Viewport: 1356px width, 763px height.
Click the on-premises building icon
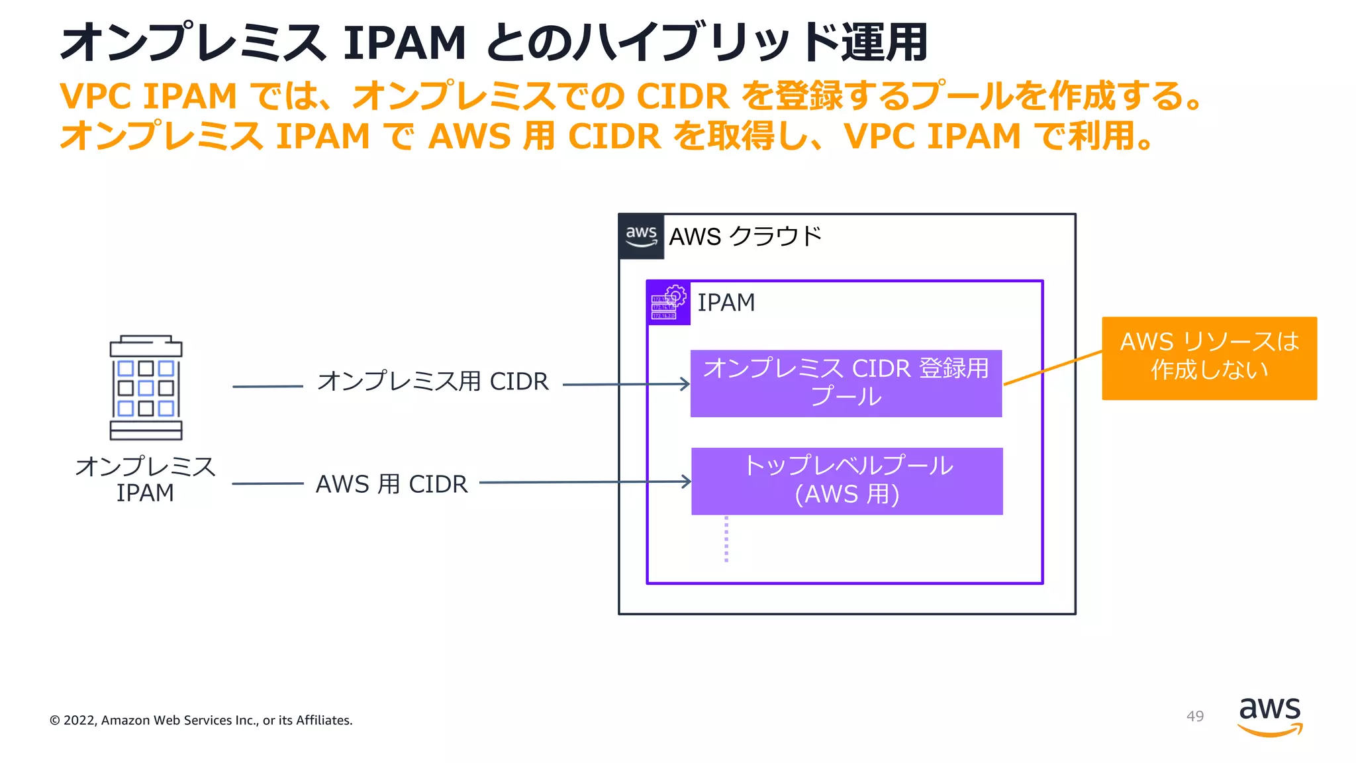(146, 388)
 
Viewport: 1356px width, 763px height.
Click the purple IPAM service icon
(669, 303)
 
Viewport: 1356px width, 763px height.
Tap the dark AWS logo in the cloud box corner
(641, 236)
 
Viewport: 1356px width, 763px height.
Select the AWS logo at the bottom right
(1269, 715)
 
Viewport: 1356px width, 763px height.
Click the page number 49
(1194, 716)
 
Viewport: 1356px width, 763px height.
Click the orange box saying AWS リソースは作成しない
(1209, 358)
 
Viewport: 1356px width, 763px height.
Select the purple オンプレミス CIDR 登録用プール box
(846, 383)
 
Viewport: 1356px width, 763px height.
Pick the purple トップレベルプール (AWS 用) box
(847, 481)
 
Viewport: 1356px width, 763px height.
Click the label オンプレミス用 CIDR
(433, 381)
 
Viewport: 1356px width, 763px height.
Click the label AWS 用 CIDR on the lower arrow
(391, 484)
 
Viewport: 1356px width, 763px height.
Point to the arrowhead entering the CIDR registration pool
(685, 384)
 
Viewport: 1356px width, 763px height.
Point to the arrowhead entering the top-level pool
(687, 482)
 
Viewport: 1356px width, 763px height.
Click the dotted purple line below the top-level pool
(726, 539)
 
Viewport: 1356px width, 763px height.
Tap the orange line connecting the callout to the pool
(1053, 368)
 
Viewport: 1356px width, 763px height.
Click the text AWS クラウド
(745, 236)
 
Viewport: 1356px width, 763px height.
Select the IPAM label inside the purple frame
(726, 303)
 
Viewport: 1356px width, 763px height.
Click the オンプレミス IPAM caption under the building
(145, 479)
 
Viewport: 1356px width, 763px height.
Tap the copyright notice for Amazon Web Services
(201, 720)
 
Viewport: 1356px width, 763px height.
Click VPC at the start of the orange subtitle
(95, 96)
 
